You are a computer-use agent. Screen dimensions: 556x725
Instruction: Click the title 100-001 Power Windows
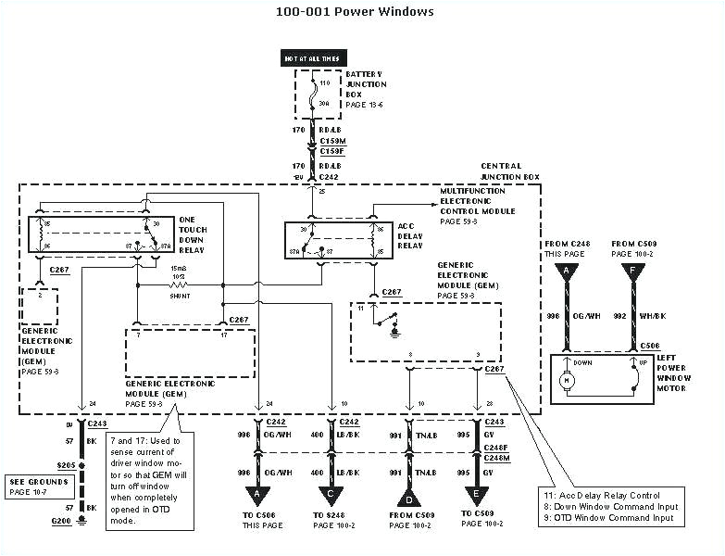pos(355,12)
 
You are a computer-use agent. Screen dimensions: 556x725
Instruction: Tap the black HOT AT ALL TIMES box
pos(312,58)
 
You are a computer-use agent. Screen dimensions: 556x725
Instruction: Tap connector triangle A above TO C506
pos(257,499)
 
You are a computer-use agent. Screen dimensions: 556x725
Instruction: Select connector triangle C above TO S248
pos(331,499)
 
